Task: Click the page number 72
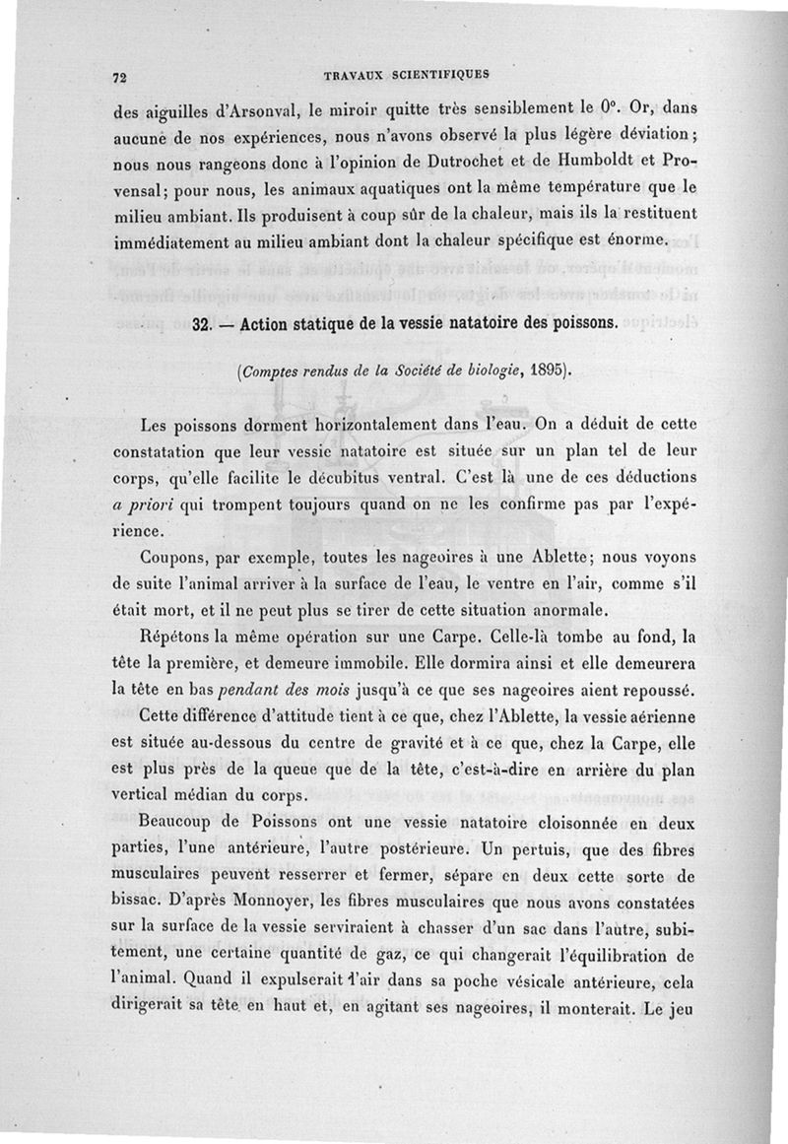click(122, 78)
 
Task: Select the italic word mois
click(352, 684)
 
